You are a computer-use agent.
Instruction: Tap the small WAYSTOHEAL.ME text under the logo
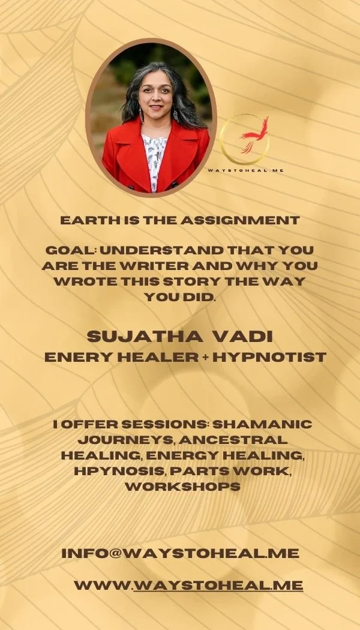(245, 170)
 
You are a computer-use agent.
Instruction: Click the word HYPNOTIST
(269, 358)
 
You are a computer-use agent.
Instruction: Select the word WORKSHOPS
(182, 487)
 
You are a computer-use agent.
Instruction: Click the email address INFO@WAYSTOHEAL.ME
(180, 553)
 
